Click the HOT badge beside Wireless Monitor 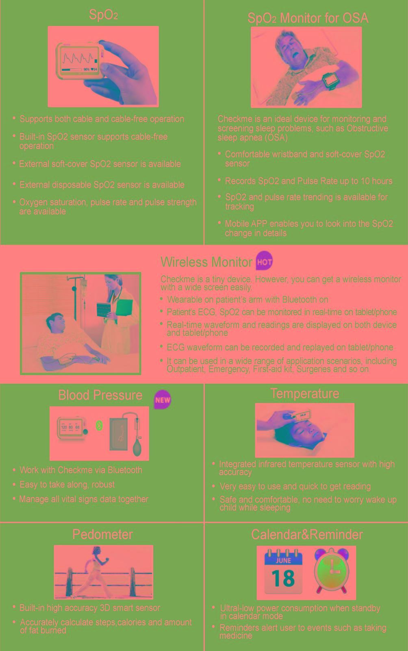pyautogui.click(x=264, y=261)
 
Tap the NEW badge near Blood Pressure pyautogui.click(x=162, y=399)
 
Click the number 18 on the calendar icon pyautogui.click(x=283, y=578)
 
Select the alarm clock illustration pyautogui.click(x=332, y=570)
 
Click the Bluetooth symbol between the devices pyautogui.click(x=99, y=426)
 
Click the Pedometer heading pyautogui.click(x=103, y=534)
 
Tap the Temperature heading pyautogui.click(x=305, y=393)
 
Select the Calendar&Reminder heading pyautogui.click(x=307, y=535)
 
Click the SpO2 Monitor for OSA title pyautogui.click(x=308, y=18)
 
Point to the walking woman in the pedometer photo pyautogui.click(x=91, y=572)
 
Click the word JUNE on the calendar pyautogui.click(x=283, y=561)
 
